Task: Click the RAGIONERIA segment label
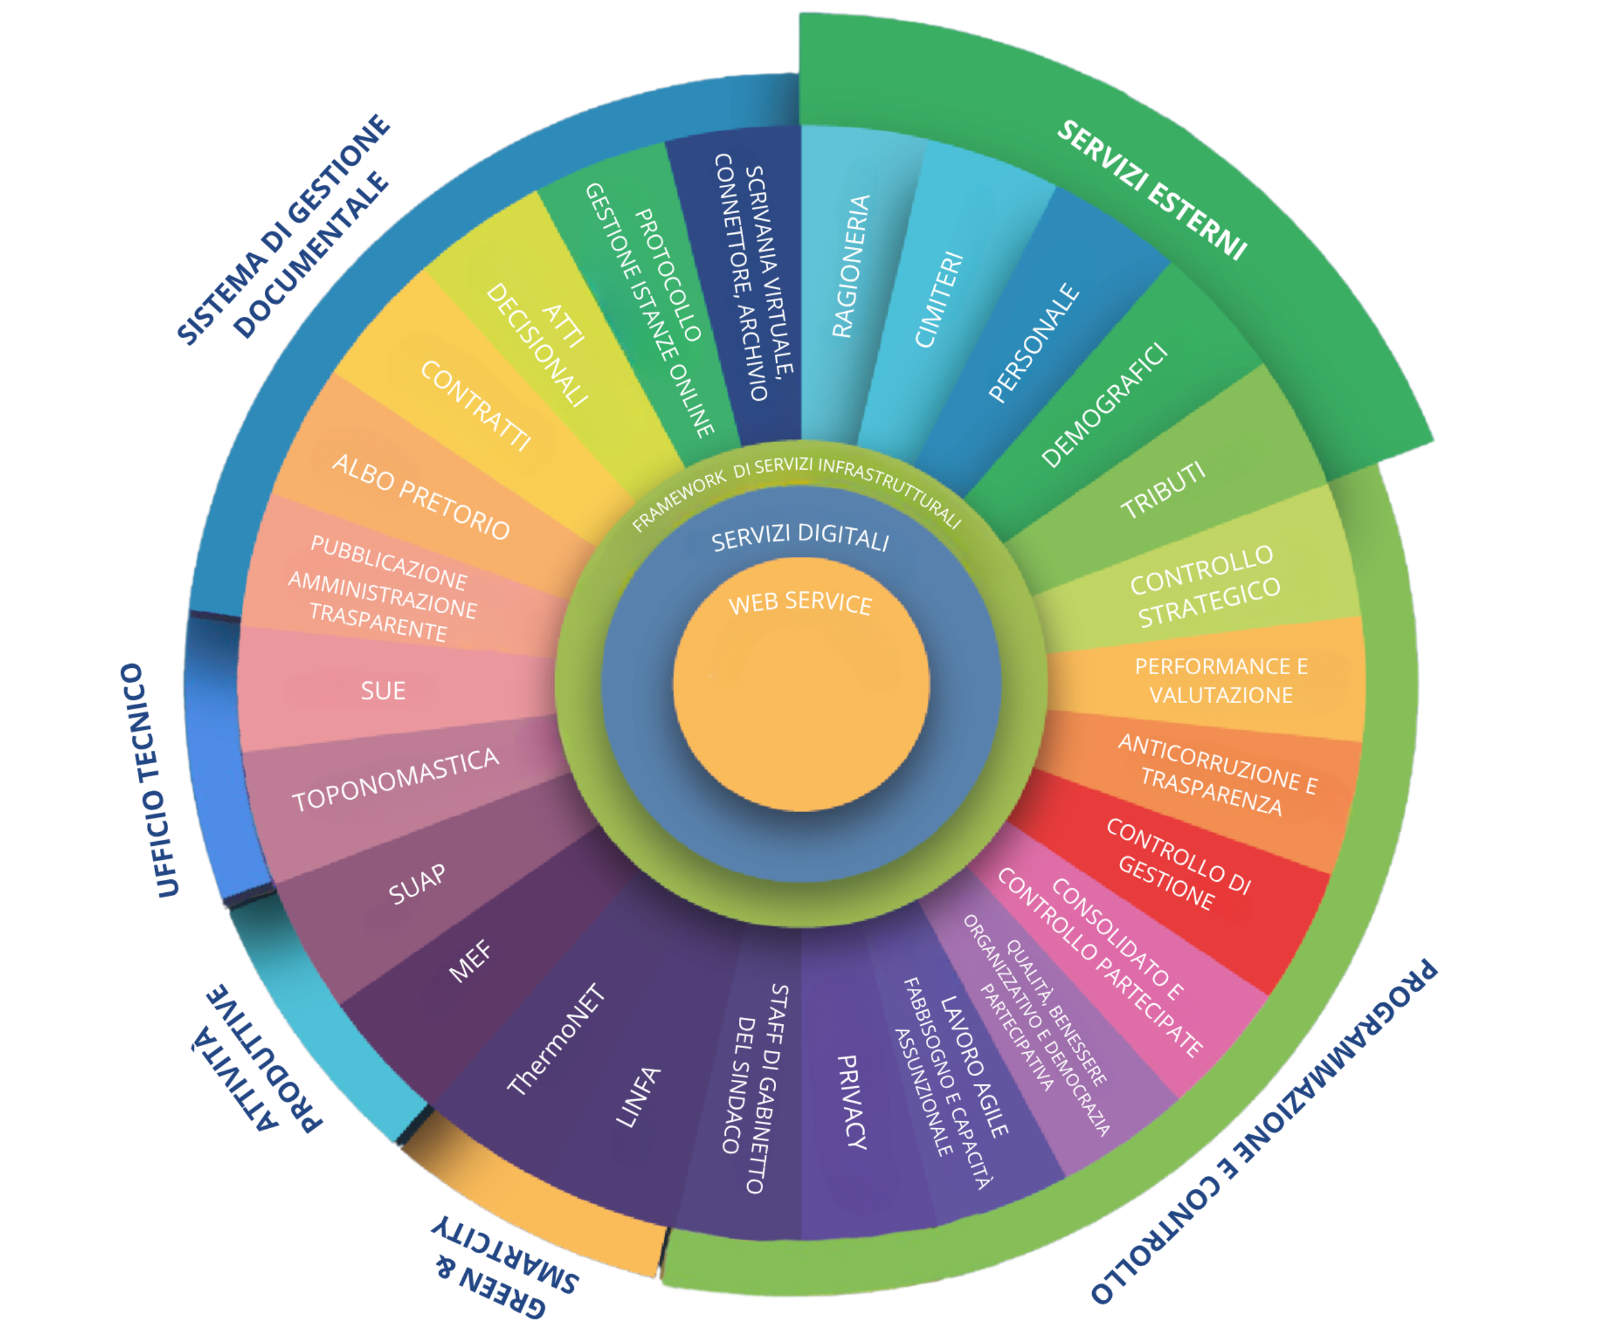click(851, 266)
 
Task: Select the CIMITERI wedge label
click(939, 300)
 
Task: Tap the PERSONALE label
click(1034, 342)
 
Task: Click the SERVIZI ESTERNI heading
click(1151, 189)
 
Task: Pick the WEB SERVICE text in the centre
click(800, 604)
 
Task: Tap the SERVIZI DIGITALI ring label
click(800, 538)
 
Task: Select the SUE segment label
click(383, 691)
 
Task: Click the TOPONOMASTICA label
click(395, 779)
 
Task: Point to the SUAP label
click(417, 884)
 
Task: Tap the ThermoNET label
click(556, 1040)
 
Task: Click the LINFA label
click(638, 1097)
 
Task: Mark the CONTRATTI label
click(475, 405)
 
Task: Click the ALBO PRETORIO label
click(420, 497)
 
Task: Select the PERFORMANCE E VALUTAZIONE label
click(1221, 680)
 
